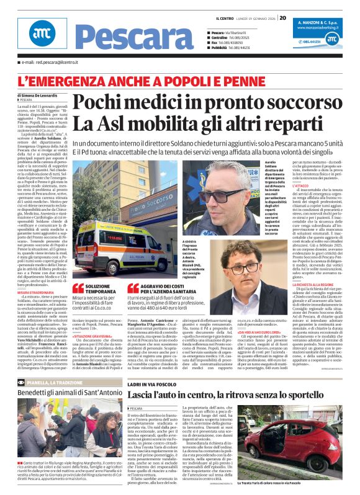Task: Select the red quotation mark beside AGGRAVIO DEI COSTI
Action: [131, 288]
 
